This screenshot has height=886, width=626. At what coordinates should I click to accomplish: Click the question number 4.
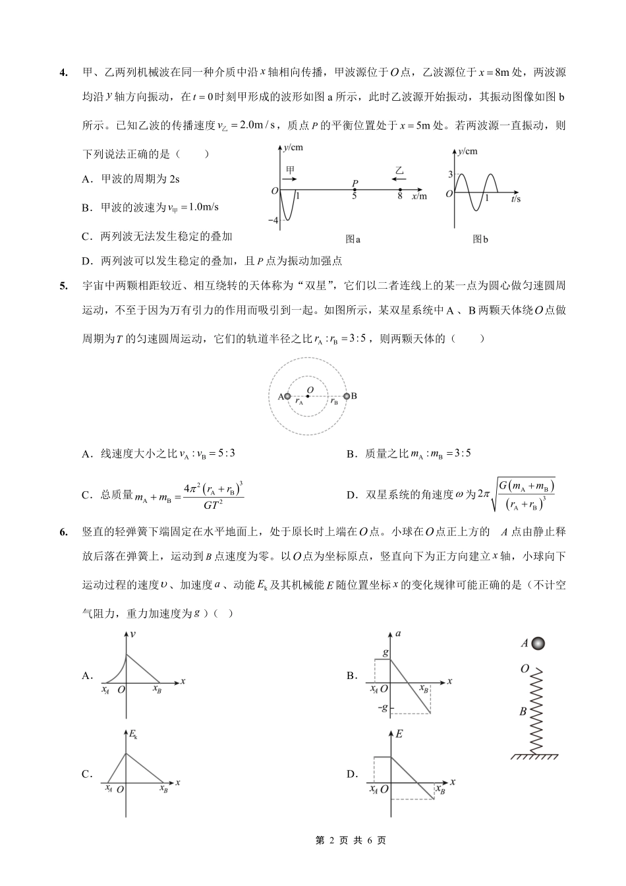63,73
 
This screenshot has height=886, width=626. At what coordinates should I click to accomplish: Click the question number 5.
63,285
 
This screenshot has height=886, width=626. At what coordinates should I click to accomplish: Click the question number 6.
63,532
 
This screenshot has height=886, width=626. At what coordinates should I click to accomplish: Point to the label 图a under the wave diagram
353,239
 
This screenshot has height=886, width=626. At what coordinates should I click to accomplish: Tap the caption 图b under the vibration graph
480,239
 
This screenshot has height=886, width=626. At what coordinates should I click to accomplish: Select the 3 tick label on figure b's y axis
450,174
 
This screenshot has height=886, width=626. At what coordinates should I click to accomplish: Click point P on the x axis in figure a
355,190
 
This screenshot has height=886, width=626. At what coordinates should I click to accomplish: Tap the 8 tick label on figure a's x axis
400,196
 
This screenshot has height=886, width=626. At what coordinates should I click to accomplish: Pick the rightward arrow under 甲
290,178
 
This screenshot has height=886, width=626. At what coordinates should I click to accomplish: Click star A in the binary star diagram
287,396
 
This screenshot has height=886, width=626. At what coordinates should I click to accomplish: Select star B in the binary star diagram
347,396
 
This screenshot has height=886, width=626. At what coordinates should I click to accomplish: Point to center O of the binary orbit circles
309,396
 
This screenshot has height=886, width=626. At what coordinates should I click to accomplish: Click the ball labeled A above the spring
539,643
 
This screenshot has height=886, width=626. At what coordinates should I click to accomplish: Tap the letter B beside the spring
523,711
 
